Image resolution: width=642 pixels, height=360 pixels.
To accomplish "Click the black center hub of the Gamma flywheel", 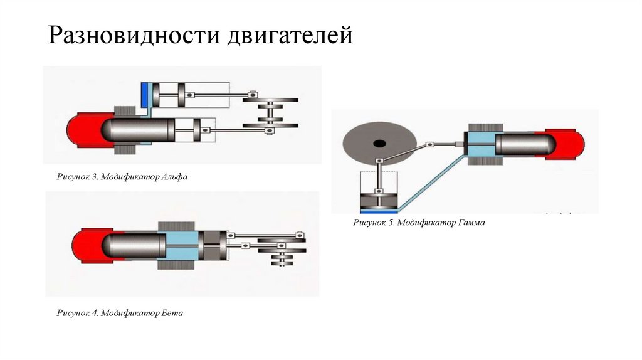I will pos(379,143).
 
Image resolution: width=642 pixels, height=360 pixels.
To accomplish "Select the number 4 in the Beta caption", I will pos(95,312).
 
